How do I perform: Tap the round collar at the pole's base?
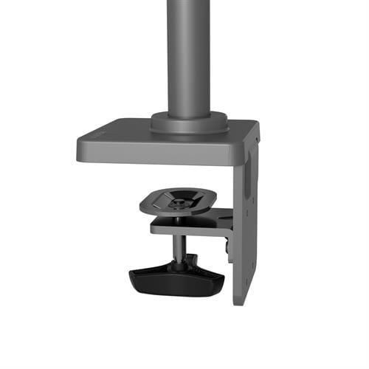point(189,122)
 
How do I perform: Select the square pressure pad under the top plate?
point(178,201)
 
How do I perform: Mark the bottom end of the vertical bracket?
point(244,301)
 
